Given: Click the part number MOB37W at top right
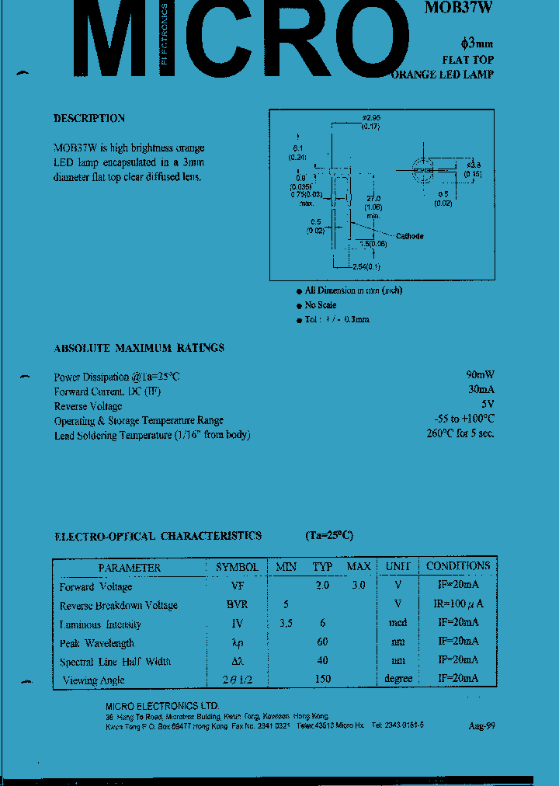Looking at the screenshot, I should tap(458, 9).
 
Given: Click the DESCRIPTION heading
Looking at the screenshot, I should tap(89, 119).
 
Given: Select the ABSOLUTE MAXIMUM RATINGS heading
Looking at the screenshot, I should tap(139, 348).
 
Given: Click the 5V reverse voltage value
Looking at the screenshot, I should tap(488, 405).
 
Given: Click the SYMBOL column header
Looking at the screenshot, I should tap(238, 567).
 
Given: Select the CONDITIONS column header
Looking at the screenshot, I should tap(458, 566).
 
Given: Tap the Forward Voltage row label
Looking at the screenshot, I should tap(97, 587).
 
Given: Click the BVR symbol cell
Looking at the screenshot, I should tap(238, 605).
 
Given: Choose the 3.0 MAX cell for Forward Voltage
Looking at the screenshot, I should tap(357, 586).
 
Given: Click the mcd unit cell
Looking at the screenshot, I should tap(398, 624).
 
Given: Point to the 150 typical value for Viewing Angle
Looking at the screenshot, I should tap(322, 679).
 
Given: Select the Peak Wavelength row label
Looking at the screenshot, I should tap(97, 643).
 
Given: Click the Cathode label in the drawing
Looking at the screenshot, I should tap(409, 236).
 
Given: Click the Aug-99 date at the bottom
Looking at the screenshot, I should tap(481, 726).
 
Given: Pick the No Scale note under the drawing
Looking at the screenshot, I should tap(321, 305).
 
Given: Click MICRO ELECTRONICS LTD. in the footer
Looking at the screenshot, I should tap(162, 705).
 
